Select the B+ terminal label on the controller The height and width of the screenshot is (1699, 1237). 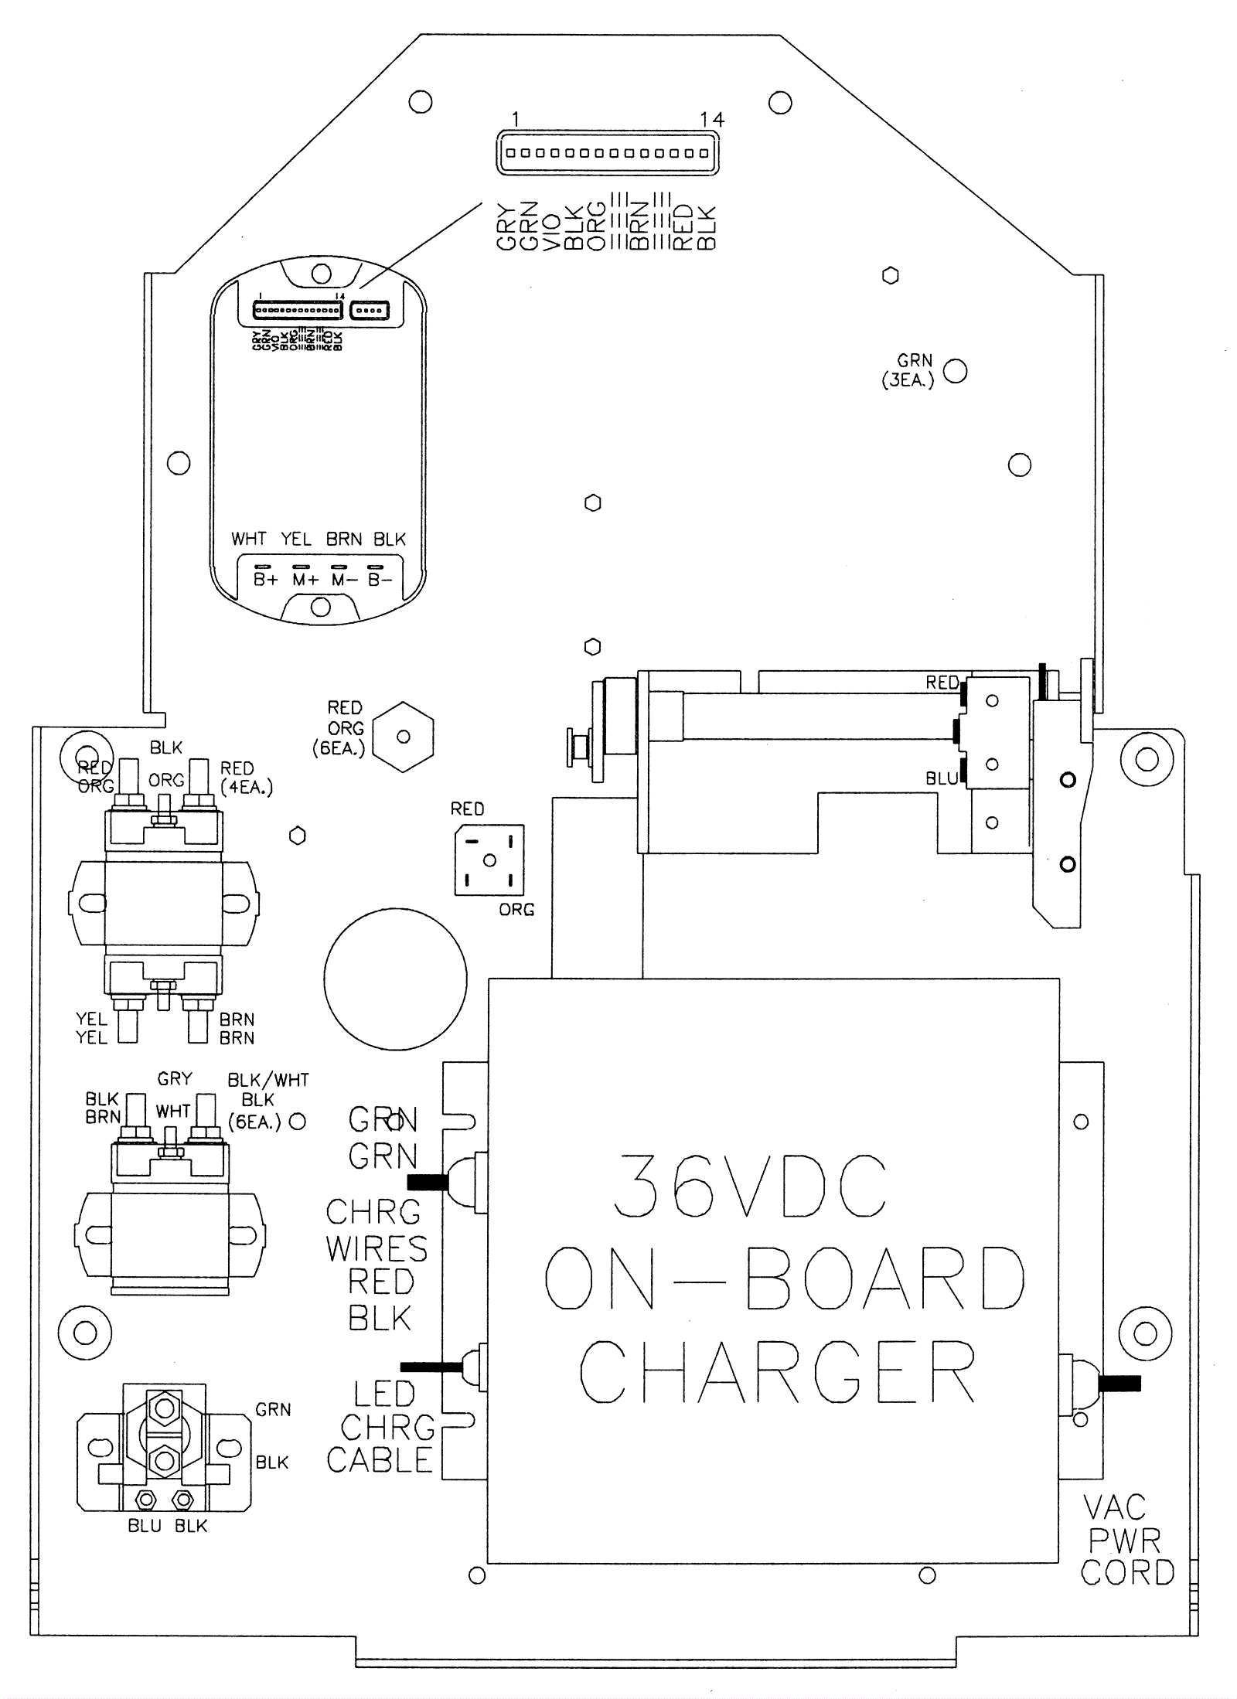[x=265, y=580]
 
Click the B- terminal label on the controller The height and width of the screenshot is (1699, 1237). [x=380, y=580]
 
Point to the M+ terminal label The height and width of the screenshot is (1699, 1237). [x=305, y=580]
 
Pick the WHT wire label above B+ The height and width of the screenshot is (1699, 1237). [x=248, y=539]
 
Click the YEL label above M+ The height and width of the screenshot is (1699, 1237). [x=295, y=539]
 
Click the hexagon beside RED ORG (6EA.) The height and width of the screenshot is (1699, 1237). [x=403, y=737]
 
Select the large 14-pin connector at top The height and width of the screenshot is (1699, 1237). [x=607, y=152]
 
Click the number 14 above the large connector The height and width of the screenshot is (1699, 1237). [x=712, y=119]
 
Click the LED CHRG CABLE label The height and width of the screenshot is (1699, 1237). [x=382, y=1427]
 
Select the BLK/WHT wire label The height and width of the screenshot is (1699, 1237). [x=268, y=1080]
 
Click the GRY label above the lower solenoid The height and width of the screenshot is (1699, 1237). [x=175, y=1078]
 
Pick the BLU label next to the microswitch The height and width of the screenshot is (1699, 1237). [x=942, y=779]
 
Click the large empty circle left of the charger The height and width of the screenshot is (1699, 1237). [x=395, y=979]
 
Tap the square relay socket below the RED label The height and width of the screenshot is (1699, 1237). [x=489, y=860]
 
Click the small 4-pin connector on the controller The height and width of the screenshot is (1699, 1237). [x=370, y=311]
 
